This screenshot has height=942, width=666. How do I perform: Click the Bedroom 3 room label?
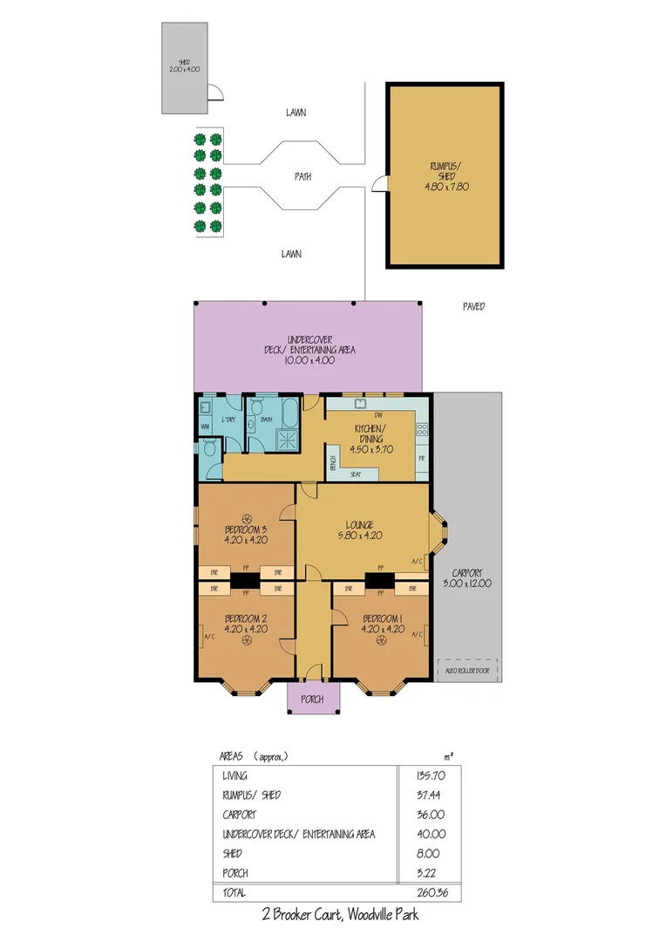(x=245, y=534)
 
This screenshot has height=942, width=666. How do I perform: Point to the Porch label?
(x=312, y=700)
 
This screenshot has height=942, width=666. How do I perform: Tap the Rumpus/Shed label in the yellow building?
(x=445, y=176)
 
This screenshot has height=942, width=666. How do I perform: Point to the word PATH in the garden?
(x=302, y=176)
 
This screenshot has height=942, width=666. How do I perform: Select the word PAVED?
(x=473, y=306)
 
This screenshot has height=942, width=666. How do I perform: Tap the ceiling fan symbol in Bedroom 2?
(x=247, y=642)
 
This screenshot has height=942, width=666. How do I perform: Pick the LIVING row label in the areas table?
(x=235, y=775)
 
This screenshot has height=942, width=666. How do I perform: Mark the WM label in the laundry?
(x=205, y=427)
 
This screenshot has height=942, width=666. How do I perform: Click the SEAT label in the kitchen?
(x=356, y=474)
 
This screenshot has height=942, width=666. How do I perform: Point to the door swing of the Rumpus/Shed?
(x=379, y=182)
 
